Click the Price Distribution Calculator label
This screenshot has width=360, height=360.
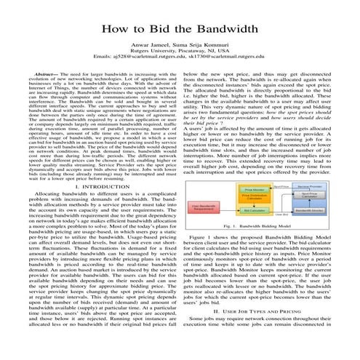tap(255, 199)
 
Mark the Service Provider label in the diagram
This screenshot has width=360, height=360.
tap(311, 185)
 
